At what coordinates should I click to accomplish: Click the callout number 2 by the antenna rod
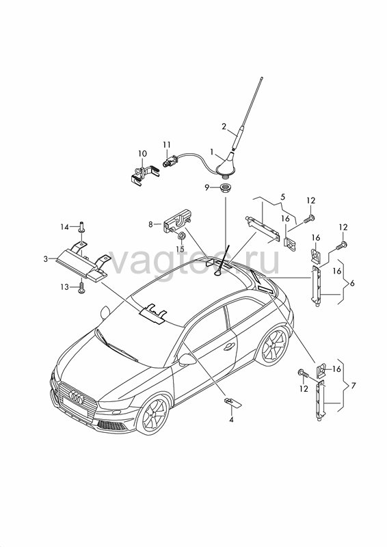click(224, 126)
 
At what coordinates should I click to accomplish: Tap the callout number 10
click(142, 153)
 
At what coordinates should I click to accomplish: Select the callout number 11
click(167, 144)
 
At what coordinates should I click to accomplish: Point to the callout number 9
click(207, 188)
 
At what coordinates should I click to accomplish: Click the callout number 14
click(64, 227)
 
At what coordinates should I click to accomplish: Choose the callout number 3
click(45, 259)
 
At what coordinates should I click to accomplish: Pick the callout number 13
click(64, 286)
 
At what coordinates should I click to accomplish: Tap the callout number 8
click(150, 224)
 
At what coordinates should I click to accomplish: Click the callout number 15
click(180, 250)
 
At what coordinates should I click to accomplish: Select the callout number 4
click(231, 419)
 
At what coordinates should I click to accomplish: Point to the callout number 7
click(353, 386)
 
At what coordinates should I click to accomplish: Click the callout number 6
click(352, 283)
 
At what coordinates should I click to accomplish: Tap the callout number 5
click(282, 197)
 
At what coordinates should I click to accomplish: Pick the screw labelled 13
click(82, 287)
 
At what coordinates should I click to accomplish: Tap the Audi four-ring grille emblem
click(77, 397)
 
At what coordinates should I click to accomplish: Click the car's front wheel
click(154, 414)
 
